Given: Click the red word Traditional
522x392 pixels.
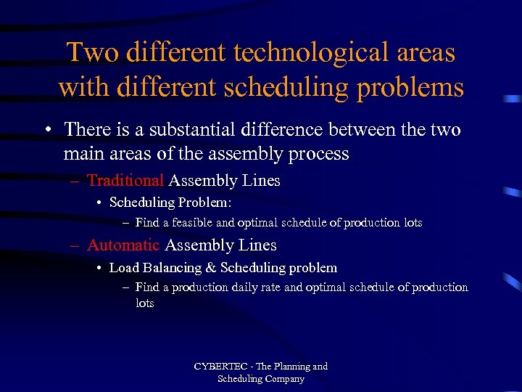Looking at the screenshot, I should click(x=125, y=181).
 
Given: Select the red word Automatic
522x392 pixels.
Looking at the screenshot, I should click(x=123, y=245).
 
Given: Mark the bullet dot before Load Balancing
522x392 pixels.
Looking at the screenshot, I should click(x=99, y=269).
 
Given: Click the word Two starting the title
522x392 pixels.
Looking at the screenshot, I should click(x=88, y=53).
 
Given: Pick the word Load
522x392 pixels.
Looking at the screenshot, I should click(x=123, y=268).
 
